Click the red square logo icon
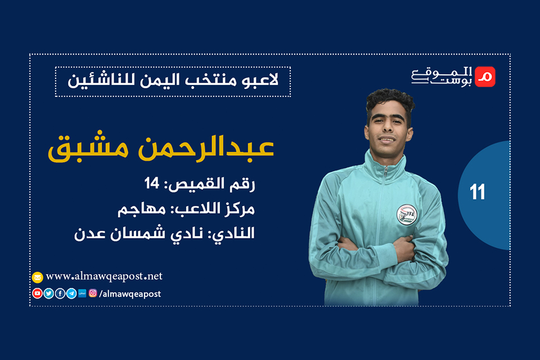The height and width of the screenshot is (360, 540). [485, 77]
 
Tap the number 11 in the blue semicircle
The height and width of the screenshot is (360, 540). [478, 193]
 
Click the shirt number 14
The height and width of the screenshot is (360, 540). [153, 183]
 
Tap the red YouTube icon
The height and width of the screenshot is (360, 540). [38, 293]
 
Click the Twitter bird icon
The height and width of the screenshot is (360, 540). [49, 293]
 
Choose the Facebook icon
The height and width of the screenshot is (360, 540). [60, 293]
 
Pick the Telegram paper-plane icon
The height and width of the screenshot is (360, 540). [71, 293]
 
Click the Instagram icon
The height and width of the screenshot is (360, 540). [93, 293]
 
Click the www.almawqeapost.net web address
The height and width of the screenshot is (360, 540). [104, 276]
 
